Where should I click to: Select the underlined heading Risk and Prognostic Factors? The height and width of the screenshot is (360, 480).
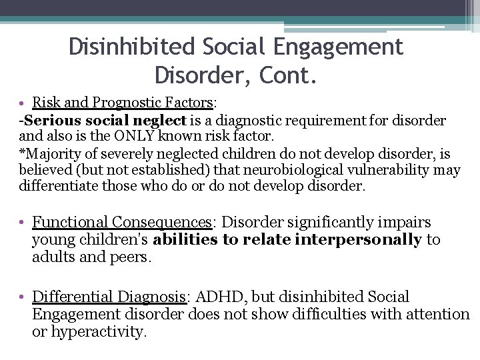point(123,103)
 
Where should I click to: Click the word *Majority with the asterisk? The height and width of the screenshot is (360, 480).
point(49,153)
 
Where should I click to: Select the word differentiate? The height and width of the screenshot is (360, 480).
point(59,186)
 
